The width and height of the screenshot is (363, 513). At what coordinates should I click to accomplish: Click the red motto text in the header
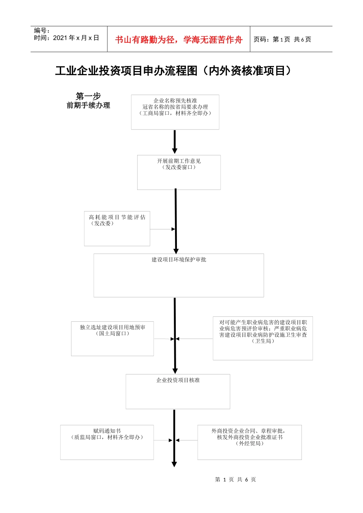click(x=178, y=40)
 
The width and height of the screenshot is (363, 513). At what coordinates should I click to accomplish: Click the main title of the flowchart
click(x=174, y=71)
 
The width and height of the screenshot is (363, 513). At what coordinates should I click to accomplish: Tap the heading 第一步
click(x=88, y=96)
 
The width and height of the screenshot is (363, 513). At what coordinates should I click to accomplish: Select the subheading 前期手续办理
click(x=88, y=105)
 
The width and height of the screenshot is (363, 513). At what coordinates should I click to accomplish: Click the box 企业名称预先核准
click(x=175, y=112)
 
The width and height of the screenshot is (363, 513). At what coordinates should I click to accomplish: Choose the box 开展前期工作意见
click(x=179, y=172)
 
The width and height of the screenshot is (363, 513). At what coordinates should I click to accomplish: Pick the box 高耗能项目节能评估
click(x=117, y=228)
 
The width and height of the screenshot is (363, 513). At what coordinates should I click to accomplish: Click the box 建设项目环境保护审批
click(x=178, y=275)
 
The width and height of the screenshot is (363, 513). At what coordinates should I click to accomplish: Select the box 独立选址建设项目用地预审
click(x=112, y=339)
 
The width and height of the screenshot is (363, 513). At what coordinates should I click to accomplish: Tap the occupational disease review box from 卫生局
click(x=263, y=338)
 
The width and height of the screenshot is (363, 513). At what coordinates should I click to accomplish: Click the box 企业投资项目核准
click(x=178, y=391)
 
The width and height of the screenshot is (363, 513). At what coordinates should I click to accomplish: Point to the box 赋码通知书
click(x=107, y=442)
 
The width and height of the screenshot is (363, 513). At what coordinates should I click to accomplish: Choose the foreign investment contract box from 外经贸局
click(x=250, y=442)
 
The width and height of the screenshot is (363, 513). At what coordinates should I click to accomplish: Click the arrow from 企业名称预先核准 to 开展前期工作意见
click(x=175, y=142)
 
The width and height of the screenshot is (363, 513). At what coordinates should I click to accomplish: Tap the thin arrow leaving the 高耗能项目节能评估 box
click(x=162, y=229)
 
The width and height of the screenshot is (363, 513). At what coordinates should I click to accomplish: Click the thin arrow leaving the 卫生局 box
click(x=194, y=339)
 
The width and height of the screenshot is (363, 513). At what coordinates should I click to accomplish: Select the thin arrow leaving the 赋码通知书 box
click(x=164, y=440)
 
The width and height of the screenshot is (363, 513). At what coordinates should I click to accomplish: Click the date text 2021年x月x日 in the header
click(x=76, y=38)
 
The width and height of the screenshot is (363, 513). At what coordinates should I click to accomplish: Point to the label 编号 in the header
click(x=42, y=31)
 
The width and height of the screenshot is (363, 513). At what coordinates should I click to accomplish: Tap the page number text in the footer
click(x=235, y=479)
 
